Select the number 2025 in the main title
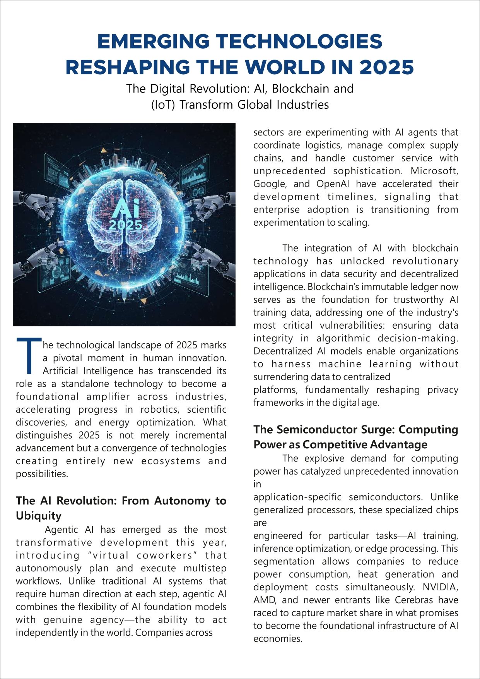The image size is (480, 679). [386, 68]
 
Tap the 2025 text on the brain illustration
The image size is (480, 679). [125, 225]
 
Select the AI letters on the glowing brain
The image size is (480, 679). [125, 211]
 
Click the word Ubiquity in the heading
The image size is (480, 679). [39, 516]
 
